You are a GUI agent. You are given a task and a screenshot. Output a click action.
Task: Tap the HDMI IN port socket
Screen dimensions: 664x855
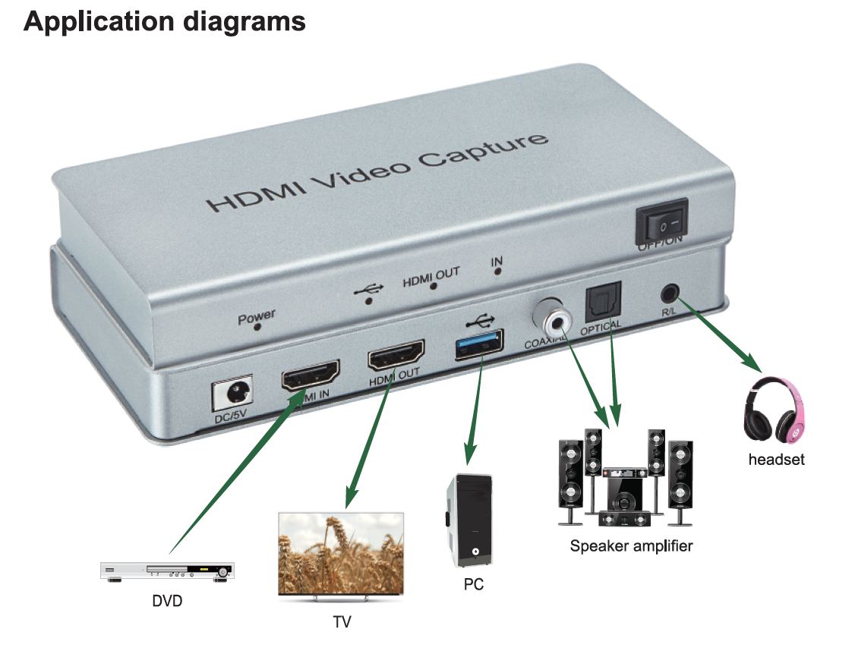tap(311, 375)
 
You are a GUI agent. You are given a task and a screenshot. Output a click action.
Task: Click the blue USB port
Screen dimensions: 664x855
tap(478, 343)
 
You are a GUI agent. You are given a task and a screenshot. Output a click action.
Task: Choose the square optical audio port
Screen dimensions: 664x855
tap(603, 302)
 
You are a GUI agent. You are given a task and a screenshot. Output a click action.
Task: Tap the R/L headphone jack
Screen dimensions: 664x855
tap(670, 292)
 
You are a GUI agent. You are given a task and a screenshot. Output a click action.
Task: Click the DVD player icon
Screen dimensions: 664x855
tap(167, 571)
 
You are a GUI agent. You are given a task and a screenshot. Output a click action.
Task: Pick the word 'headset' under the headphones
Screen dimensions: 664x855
tap(775, 459)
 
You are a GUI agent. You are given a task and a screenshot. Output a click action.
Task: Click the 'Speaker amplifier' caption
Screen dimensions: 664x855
tap(631, 545)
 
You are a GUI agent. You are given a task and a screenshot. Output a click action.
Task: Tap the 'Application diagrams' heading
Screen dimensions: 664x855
tap(164, 21)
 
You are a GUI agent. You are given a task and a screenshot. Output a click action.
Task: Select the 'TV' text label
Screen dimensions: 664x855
tap(342, 622)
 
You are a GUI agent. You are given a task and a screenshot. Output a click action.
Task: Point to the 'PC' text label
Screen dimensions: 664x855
tap(473, 584)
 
